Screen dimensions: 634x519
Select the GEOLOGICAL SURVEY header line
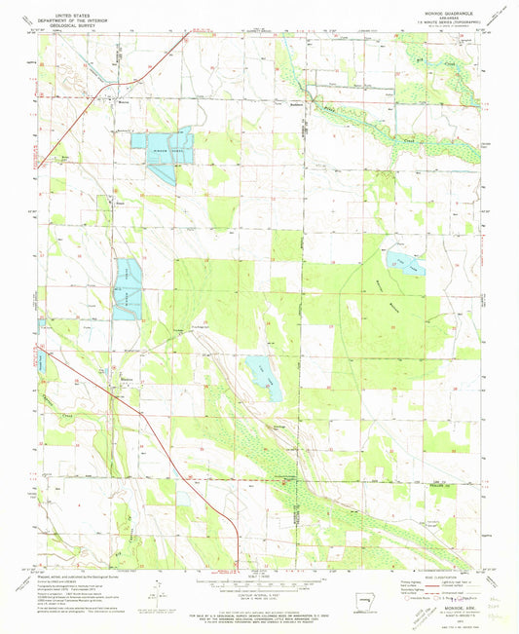pos(76,28)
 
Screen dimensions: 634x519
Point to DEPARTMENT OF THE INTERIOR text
pos(76,22)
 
